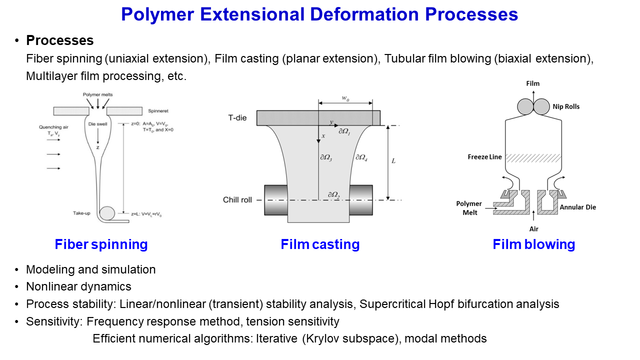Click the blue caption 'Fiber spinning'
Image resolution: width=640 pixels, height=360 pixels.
coord(101,244)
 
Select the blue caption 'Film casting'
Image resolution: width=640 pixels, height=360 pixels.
coord(320,244)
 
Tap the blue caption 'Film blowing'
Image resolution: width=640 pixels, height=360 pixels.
coord(533,244)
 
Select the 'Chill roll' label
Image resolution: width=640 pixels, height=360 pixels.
coord(237,200)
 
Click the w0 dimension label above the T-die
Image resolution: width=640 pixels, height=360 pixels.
coord(345,98)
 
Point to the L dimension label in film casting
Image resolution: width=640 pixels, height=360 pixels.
coord(393,161)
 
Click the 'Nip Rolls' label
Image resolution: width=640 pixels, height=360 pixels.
coord(566,106)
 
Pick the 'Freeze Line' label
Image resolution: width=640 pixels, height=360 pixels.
coord(485,157)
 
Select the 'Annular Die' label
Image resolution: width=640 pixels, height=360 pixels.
coord(577,207)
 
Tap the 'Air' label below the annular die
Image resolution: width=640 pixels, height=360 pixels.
coord(534,228)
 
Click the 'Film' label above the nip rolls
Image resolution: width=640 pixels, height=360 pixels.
coord(533,83)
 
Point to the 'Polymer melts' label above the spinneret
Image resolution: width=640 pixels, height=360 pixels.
coord(98,95)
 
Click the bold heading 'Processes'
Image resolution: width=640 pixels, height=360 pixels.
coord(59,40)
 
